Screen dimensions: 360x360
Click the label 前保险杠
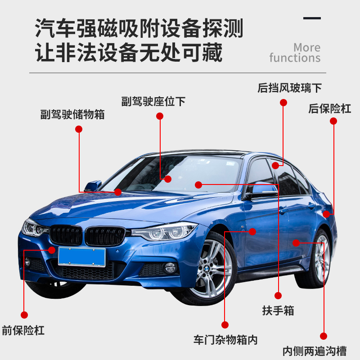coord(23,331)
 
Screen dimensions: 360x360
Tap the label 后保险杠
coord(330,108)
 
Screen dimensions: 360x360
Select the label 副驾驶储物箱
coord(72,114)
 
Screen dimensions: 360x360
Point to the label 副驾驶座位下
coord(153,101)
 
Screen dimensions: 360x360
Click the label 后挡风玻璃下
coord(290,87)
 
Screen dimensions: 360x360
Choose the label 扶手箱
coord(278,310)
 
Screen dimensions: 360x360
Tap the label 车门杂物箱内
coord(225,339)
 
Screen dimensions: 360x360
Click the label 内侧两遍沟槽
coord(321,351)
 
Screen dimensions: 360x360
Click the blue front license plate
coord(82,256)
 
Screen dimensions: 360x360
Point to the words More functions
coord(295,53)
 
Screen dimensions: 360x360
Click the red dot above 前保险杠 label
coord(24,315)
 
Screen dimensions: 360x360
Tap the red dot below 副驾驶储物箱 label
coord(79,129)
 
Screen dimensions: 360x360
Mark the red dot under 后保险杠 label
coord(333,121)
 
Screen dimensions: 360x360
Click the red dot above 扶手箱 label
coord(278,296)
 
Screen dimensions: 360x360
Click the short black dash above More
coord(312,18)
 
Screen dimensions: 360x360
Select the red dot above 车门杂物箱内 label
coord(225,324)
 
